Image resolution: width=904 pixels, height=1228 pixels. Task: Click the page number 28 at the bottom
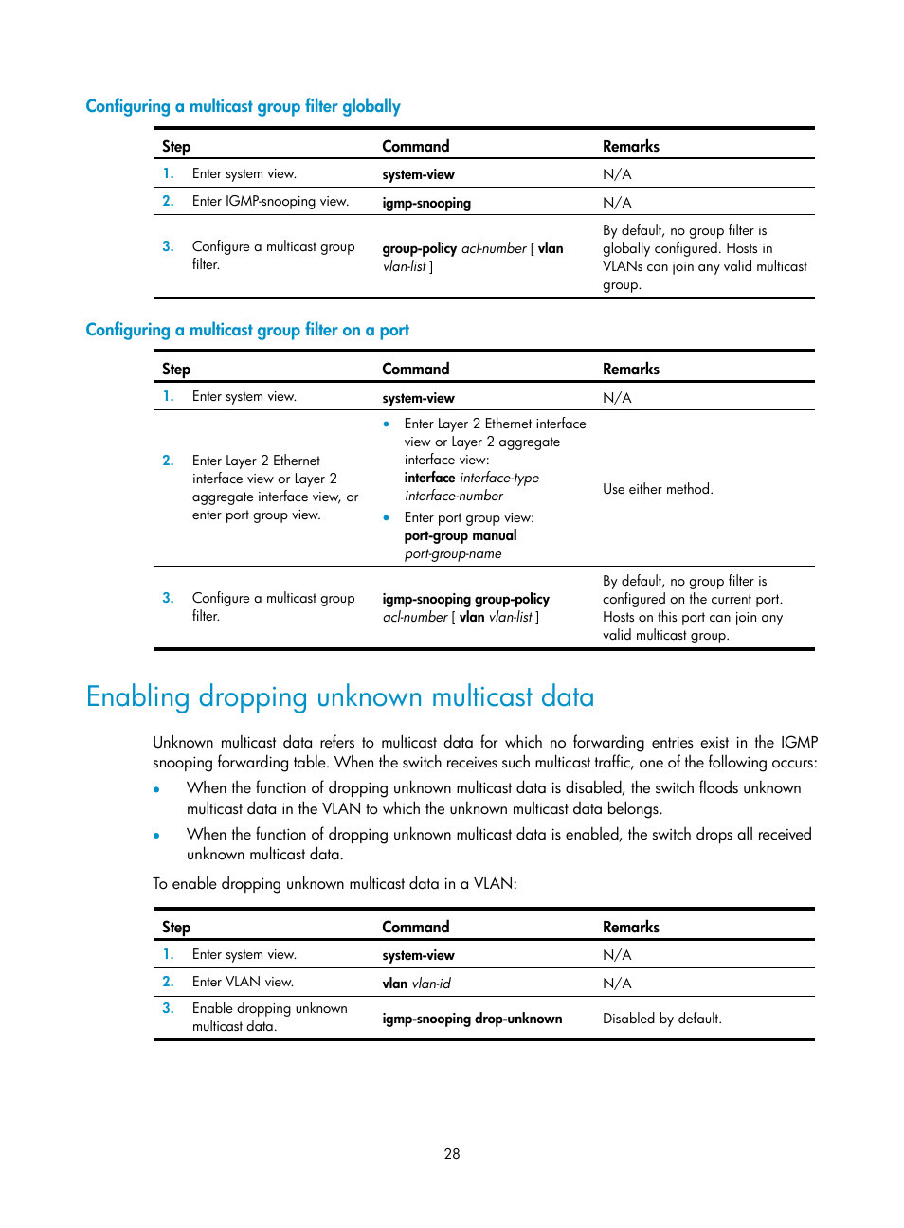coord(452,1153)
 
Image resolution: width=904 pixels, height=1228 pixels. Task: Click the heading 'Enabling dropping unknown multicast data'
coord(340,696)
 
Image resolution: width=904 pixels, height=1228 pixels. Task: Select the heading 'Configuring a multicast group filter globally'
coord(243,106)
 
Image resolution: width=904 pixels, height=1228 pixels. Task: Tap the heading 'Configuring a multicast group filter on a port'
coord(247,330)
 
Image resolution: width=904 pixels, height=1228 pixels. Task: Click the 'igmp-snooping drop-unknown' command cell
coord(472,1019)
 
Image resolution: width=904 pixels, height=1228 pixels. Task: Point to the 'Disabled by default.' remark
coord(661,1019)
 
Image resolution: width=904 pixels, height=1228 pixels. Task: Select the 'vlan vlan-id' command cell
coord(416,984)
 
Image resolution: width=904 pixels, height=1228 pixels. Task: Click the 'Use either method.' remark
coord(658,489)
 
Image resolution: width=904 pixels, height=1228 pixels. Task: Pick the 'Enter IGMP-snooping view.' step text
coord(270,201)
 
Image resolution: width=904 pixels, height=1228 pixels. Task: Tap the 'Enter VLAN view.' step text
coord(243,982)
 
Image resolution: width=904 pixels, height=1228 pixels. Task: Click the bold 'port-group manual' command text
coord(461,535)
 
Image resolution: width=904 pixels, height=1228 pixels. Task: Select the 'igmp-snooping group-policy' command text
coord(465,599)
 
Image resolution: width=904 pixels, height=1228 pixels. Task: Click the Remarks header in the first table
coord(630,146)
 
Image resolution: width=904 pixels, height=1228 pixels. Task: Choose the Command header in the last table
coord(415,927)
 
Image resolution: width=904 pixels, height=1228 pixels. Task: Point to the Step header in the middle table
coord(176,369)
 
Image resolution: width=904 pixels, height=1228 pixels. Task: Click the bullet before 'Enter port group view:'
coord(387,517)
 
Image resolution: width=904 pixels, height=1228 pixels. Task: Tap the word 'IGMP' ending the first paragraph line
coord(799,742)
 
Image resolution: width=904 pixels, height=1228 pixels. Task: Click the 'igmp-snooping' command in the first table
coord(426,203)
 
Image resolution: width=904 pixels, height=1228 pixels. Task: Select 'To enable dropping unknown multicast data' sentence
coord(334,883)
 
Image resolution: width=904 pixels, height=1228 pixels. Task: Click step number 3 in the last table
coord(168,1008)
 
